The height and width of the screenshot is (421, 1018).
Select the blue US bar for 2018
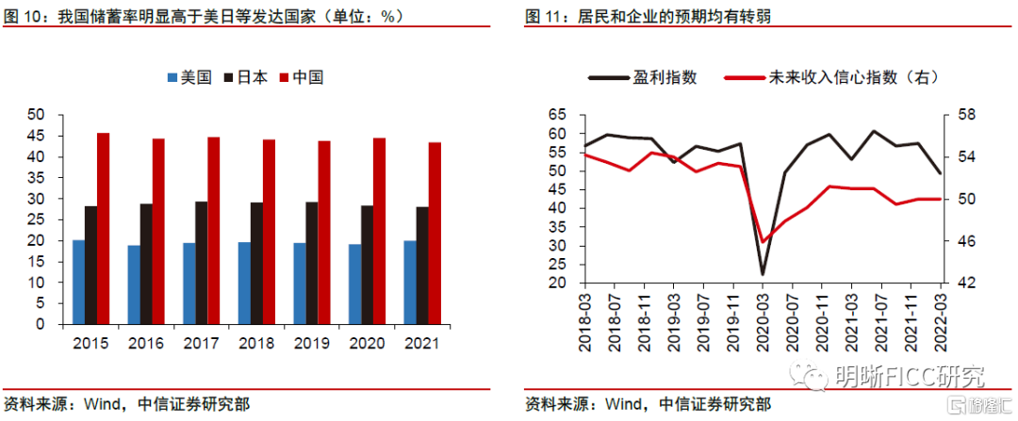point(244,283)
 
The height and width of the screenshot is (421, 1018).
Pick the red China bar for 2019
point(324,232)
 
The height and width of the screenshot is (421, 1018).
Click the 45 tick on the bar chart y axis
point(37,135)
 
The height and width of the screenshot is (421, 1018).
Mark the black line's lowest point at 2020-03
point(763,274)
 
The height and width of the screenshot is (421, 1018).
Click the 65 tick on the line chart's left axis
point(558,115)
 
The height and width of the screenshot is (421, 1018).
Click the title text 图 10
point(24,16)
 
